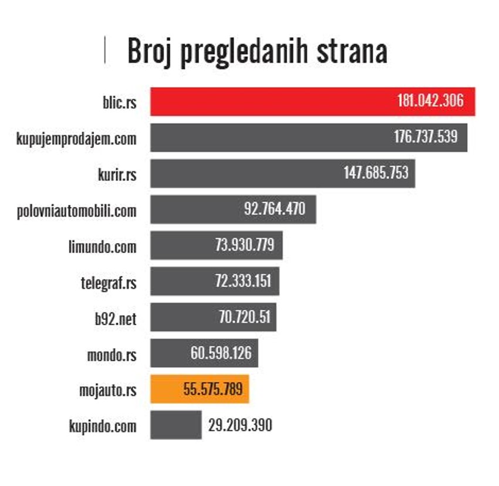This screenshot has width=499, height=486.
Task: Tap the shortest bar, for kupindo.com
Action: pos(176,425)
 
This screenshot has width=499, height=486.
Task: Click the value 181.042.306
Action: pos(430,102)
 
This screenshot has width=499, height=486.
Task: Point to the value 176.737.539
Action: pos(425,137)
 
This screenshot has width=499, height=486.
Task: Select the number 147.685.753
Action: pos(376,173)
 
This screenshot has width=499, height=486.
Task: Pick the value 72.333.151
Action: pos(242,281)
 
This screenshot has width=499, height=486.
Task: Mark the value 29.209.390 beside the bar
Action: pos(240,425)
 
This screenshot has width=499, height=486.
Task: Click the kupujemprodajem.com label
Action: pos(77,139)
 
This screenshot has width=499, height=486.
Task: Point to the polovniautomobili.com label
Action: pos(77,210)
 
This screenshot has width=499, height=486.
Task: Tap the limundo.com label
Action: pos(102,246)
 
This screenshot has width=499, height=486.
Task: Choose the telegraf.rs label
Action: pos(108,282)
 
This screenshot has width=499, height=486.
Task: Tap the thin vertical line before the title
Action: pos(104,50)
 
